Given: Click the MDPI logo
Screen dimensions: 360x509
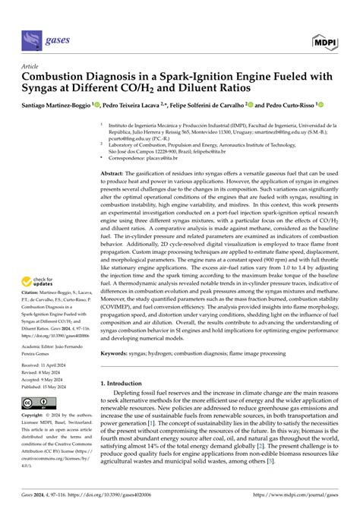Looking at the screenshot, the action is pos(325,37).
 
